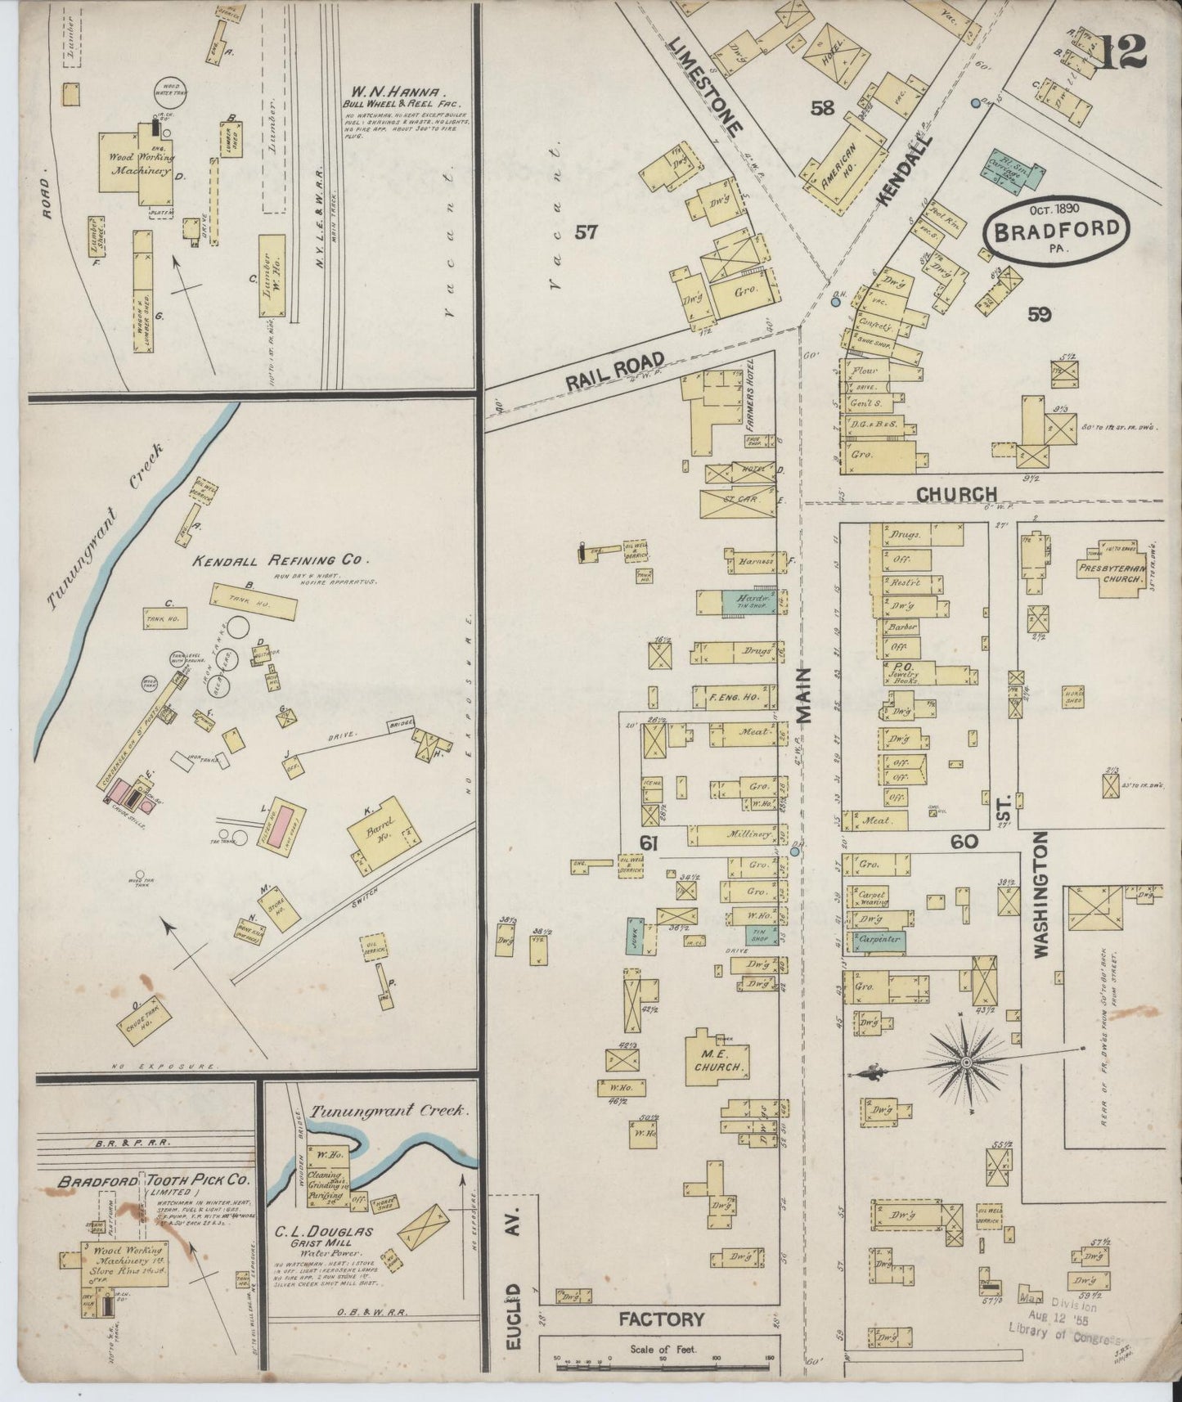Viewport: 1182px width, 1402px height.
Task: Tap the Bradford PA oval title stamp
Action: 1056,230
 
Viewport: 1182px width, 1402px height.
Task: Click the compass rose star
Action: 966,1063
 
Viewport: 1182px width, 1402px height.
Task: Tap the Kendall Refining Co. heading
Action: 281,560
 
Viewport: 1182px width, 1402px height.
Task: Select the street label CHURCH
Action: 955,494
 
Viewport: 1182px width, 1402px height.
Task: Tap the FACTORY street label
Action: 661,1319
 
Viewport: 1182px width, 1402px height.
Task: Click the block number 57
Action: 586,232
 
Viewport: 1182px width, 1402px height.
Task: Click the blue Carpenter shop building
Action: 879,941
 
